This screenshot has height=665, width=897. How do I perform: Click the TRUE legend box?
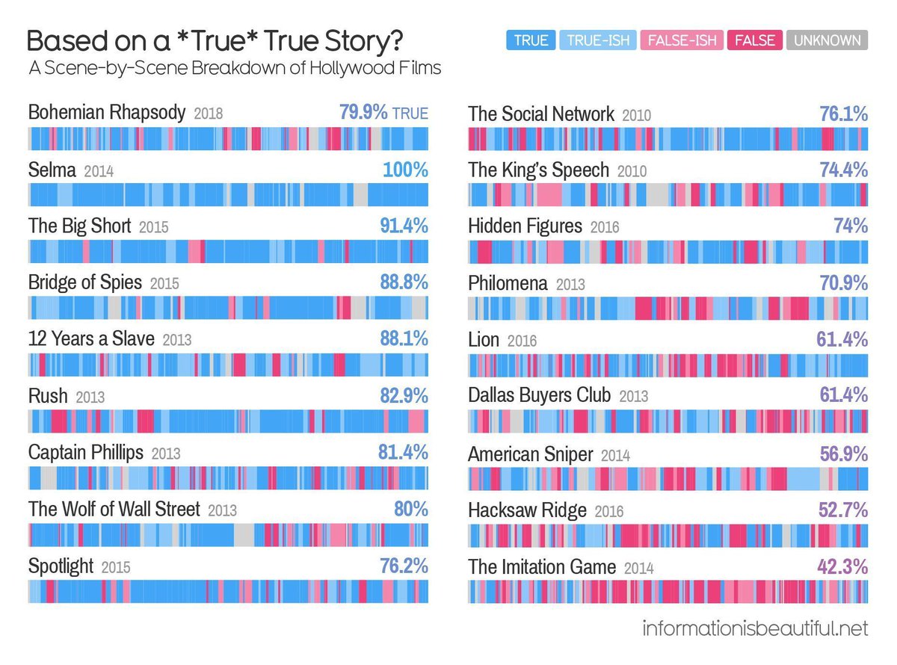click(x=531, y=40)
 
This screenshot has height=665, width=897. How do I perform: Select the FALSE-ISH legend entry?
click(x=680, y=40)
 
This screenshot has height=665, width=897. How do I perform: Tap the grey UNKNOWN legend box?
click(x=827, y=40)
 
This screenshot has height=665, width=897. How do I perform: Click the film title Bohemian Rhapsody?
click(x=106, y=114)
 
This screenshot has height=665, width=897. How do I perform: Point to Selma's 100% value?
click(x=405, y=170)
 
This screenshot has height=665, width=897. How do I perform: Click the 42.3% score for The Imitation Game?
click(x=842, y=567)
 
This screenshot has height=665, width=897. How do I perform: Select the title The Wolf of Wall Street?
click(x=114, y=510)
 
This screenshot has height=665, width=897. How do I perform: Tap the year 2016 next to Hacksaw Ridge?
click(x=608, y=512)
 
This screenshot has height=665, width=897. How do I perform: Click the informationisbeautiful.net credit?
click(x=755, y=628)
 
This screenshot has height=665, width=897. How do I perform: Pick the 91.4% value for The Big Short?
click(x=404, y=226)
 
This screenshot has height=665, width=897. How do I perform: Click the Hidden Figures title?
click(x=525, y=226)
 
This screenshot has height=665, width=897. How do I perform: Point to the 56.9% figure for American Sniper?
click(x=843, y=454)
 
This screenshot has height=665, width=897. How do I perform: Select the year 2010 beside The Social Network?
click(x=636, y=116)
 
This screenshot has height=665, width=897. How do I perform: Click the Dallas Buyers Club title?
click(x=539, y=396)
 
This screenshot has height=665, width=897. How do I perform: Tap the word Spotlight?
click(x=61, y=566)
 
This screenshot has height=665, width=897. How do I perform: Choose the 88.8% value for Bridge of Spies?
click(x=404, y=282)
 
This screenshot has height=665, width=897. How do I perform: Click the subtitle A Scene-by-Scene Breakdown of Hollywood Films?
click(x=234, y=68)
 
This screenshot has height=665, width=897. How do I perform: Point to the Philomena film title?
click(x=508, y=284)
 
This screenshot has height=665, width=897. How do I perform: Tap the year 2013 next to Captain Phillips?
click(x=165, y=454)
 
